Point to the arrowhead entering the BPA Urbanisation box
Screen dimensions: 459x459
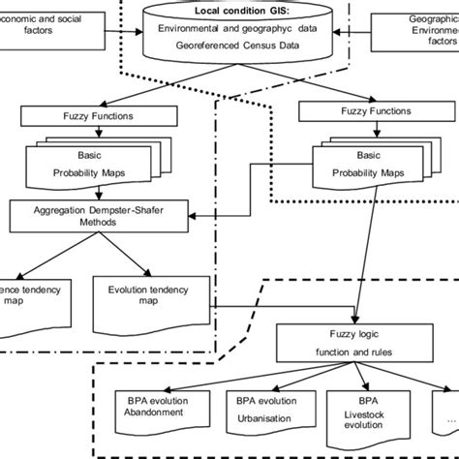pos(262,384)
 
